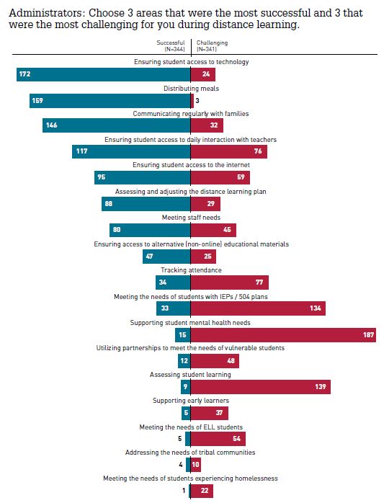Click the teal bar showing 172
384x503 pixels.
(104, 74)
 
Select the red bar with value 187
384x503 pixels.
(284, 335)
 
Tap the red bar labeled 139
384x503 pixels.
(261, 387)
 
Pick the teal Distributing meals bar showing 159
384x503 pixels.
(110, 100)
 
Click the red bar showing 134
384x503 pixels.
(258, 309)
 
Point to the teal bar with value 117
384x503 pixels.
(132, 152)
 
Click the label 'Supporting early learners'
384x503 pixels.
(190, 401)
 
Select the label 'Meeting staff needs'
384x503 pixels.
(191, 218)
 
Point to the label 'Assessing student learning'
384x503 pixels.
(190, 375)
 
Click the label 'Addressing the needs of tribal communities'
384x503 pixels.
(190, 453)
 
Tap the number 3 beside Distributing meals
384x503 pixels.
(197, 100)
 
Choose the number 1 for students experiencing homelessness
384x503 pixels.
(184, 491)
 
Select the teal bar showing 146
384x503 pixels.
(117, 126)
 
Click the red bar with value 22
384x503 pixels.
(202, 491)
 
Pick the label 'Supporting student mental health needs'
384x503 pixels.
(191, 322)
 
